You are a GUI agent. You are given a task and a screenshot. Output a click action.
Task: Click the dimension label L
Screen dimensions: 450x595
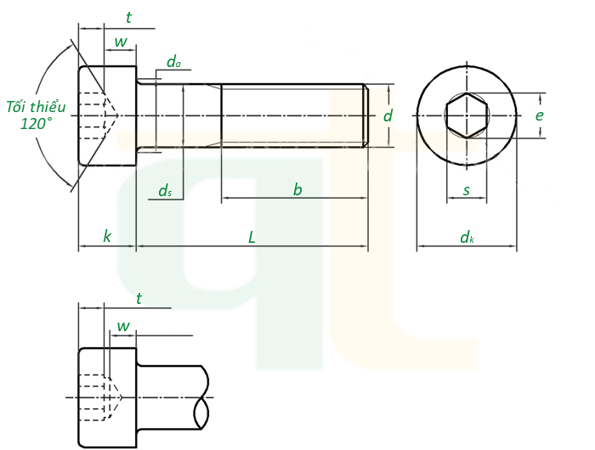252,237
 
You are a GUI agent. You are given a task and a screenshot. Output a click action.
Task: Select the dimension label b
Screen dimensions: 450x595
297,190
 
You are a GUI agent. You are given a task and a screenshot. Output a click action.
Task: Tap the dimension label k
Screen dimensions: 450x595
107,237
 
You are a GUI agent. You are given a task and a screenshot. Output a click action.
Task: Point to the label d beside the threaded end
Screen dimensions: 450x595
388,115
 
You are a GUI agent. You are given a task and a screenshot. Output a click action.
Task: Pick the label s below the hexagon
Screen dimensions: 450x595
466,190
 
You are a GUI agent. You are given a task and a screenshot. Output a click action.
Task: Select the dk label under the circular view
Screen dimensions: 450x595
467,238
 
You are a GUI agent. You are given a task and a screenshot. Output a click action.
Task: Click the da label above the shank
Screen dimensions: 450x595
173,61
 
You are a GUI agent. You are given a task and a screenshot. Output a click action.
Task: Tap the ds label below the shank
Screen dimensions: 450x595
165,191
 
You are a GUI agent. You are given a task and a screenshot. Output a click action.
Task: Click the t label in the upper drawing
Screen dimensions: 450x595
128,17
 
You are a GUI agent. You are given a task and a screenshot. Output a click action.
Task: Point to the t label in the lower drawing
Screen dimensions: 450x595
139,298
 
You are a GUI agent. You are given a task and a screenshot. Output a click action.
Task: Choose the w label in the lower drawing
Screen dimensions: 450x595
123,326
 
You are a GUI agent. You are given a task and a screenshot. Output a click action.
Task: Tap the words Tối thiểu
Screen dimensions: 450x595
36,107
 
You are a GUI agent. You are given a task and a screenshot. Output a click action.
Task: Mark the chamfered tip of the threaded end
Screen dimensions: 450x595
365,115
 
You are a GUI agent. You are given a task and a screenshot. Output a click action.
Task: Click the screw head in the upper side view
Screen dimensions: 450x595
107,115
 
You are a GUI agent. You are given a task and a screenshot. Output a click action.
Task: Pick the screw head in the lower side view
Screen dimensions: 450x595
107,397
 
